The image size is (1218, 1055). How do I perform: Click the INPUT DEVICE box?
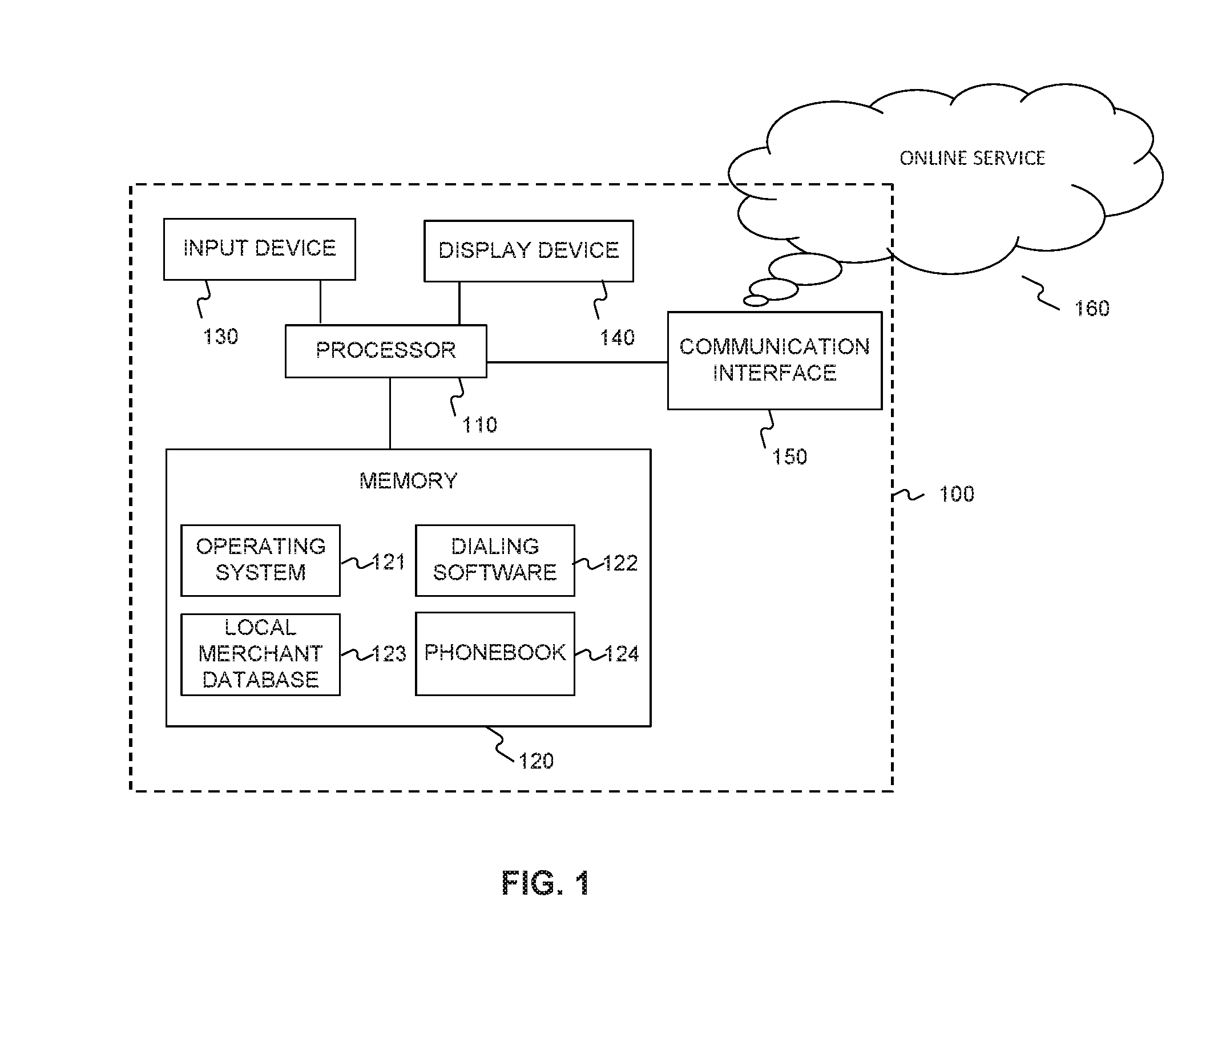pos(259,249)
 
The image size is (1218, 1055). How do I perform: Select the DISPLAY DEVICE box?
pos(529,251)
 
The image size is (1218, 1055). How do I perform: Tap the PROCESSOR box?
pos(386,351)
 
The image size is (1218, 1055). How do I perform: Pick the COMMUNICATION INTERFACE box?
pos(775,360)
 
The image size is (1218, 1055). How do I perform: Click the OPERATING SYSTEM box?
pos(260,560)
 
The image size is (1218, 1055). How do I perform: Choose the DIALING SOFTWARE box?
pos(495,560)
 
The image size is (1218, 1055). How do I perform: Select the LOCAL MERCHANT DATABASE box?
pos(260,654)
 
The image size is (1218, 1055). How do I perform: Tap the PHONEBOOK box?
pos(495,653)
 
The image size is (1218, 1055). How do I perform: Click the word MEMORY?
pos(408,481)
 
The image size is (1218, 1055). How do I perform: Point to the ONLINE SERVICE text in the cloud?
pos(973,158)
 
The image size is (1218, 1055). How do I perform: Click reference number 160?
pos(1092,309)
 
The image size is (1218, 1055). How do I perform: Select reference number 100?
pos(957,494)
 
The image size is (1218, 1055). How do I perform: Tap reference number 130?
pos(220,337)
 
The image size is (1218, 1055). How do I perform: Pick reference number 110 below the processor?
pos(479,425)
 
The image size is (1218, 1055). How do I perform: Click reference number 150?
pos(789,457)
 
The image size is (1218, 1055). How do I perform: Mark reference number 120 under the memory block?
pos(536,761)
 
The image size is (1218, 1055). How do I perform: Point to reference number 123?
pos(389,654)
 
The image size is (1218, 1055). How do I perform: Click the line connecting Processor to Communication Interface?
pos(577,362)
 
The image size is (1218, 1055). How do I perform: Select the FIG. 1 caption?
pos(546,883)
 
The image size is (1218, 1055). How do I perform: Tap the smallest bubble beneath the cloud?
pos(756,301)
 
